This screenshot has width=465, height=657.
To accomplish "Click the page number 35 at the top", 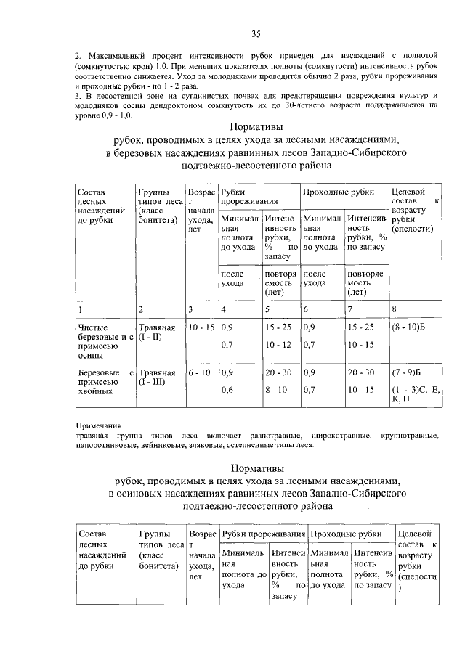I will pyautogui.click(x=256, y=33).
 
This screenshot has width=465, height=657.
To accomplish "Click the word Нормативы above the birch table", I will pyautogui.click(x=256, y=125).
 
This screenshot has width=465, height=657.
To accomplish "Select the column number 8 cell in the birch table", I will pyautogui.click(x=395, y=309).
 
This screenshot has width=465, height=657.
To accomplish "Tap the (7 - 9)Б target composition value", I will pyautogui.click(x=407, y=372).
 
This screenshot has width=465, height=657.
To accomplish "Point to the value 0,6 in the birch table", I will pyautogui.click(x=227, y=390).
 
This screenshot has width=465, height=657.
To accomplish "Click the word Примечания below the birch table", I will pyautogui.click(x=100, y=425).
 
